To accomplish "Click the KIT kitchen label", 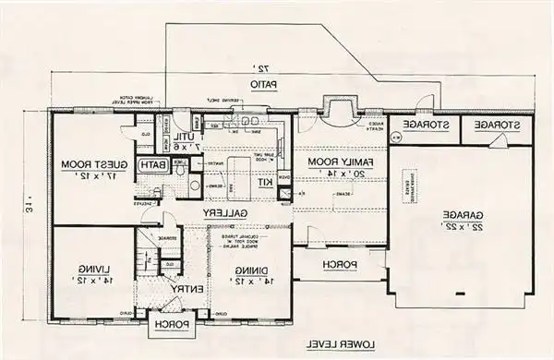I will pos(265,182).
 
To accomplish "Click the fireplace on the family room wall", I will pos(335,112).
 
